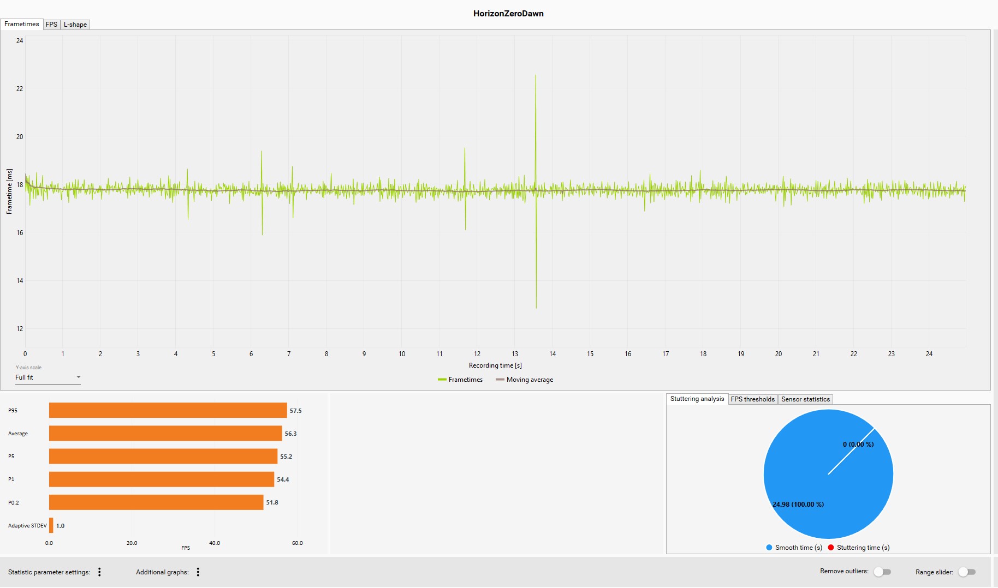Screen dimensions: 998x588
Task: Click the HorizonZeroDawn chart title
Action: pos(508,14)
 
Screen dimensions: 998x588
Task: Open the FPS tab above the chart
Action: pos(51,25)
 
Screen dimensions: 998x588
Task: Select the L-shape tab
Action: pos(75,25)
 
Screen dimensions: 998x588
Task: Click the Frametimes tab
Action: pos(22,24)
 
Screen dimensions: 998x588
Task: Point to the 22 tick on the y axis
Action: pos(20,89)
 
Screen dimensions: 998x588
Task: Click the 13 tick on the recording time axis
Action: pos(515,354)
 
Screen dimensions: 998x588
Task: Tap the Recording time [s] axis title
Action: pos(495,365)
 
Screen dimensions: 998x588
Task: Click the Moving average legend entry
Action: pos(525,380)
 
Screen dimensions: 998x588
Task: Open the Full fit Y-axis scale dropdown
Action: pos(48,377)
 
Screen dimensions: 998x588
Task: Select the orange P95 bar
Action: pos(168,410)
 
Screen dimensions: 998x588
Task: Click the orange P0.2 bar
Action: pos(156,502)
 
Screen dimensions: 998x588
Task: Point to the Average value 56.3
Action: pos(290,434)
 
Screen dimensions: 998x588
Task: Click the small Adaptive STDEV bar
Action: pos(51,525)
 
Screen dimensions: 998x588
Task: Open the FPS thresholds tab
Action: pos(753,399)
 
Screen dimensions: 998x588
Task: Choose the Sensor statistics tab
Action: pos(805,399)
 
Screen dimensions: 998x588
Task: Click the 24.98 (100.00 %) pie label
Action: pos(798,505)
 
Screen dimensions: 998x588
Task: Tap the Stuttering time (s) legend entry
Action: pos(859,548)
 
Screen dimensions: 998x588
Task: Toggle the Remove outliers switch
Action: pos(882,572)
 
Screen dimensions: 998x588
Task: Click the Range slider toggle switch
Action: pos(967,572)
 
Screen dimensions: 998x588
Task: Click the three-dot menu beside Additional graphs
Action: pos(198,572)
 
